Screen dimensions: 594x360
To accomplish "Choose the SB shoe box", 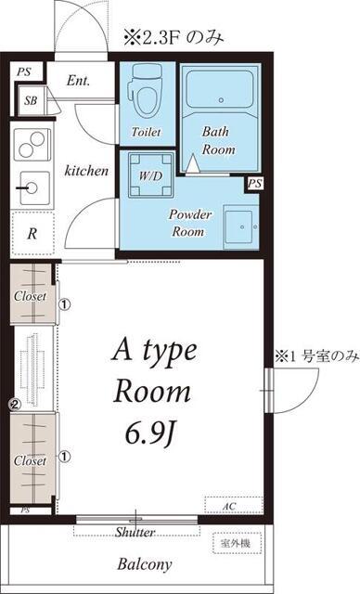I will pos(32,100).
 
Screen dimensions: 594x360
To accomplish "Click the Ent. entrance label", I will pos(78,80).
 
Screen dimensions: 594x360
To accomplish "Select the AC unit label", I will pos(229,506).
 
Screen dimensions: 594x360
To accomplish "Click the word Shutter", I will pos(135,532).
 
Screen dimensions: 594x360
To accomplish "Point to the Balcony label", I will pos(144,563).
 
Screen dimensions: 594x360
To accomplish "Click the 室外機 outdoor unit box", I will pos(237,541).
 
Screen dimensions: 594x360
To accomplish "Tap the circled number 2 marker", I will pos(14,405).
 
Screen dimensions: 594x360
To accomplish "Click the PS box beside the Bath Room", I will pos(253,184).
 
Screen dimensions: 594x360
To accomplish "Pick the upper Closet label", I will pos(30,296).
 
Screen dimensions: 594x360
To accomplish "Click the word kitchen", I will pos(86,171).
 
